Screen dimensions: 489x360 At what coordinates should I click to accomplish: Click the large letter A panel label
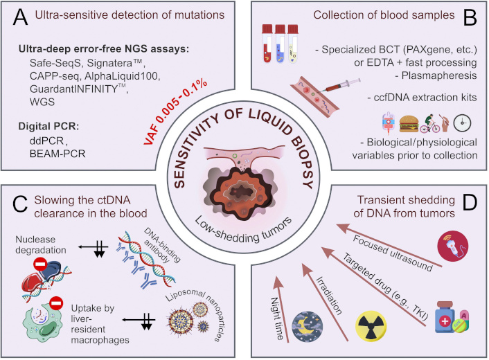(20, 17)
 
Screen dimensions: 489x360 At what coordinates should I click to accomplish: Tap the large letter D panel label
(470, 202)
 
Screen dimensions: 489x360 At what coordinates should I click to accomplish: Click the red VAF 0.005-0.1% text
(175, 112)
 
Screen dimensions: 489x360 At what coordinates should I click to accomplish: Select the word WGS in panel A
(42, 102)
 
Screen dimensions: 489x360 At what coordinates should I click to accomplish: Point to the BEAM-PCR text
(57, 154)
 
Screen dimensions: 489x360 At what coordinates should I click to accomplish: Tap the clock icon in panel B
(462, 123)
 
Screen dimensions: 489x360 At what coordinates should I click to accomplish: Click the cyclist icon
(429, 124)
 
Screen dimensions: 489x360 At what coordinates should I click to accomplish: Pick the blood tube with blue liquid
(280, 44)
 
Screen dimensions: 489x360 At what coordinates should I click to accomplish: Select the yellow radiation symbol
(371, 326)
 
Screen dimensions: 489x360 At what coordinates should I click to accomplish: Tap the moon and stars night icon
(308, 326)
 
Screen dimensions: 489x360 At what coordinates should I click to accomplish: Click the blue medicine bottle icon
(445, 317)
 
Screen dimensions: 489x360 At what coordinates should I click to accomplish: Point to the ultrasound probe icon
(453, 246)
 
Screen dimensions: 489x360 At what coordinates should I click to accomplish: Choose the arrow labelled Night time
(282, 309)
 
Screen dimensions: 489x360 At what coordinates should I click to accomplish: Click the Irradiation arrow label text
(329, 296)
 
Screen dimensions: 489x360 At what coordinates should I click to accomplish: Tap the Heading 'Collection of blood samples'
(384, 15)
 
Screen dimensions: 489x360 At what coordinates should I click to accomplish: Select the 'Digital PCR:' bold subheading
(48, 126)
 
